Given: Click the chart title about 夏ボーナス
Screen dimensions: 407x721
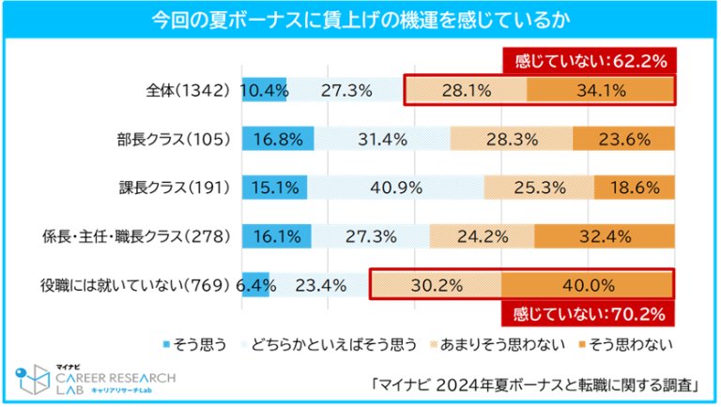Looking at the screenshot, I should coord(360,19).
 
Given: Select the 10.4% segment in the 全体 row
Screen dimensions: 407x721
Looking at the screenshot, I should coord(264,91).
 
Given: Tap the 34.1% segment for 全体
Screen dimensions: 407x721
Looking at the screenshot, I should coord(600,91).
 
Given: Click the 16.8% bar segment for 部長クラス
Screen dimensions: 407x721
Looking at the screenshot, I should coord(277,140).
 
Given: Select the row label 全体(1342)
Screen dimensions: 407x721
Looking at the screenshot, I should coord(188,91).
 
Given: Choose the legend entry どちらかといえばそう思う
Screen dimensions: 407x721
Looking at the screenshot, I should coord(335,344).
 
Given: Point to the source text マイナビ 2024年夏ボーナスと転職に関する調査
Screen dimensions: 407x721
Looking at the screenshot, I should coord(536,383).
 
